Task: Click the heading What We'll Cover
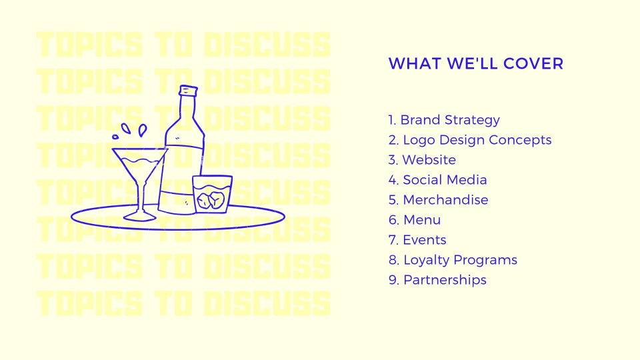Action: [x=476, y=64]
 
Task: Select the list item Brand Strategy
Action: [x=444, y=120]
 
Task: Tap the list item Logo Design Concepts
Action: [x=470, y=140]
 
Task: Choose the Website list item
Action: [x=422, y=159]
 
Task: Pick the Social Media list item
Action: [x=437, y=179]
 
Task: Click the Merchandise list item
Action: [x=439, y=199]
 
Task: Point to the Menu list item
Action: [x=415, y=219]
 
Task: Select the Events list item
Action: [x=417, y=239]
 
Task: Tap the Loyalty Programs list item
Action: [x=453, y=260]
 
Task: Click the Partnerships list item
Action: [x=437, y=280]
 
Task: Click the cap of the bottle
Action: [x=188, y=91]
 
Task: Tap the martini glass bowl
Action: [x=139, y=166]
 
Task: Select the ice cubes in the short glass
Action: [x=211, y=200]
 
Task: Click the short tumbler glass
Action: [x=212, y=194]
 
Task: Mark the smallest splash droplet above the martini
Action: [x=115, y=137]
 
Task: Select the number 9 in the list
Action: [x=393, y=280]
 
